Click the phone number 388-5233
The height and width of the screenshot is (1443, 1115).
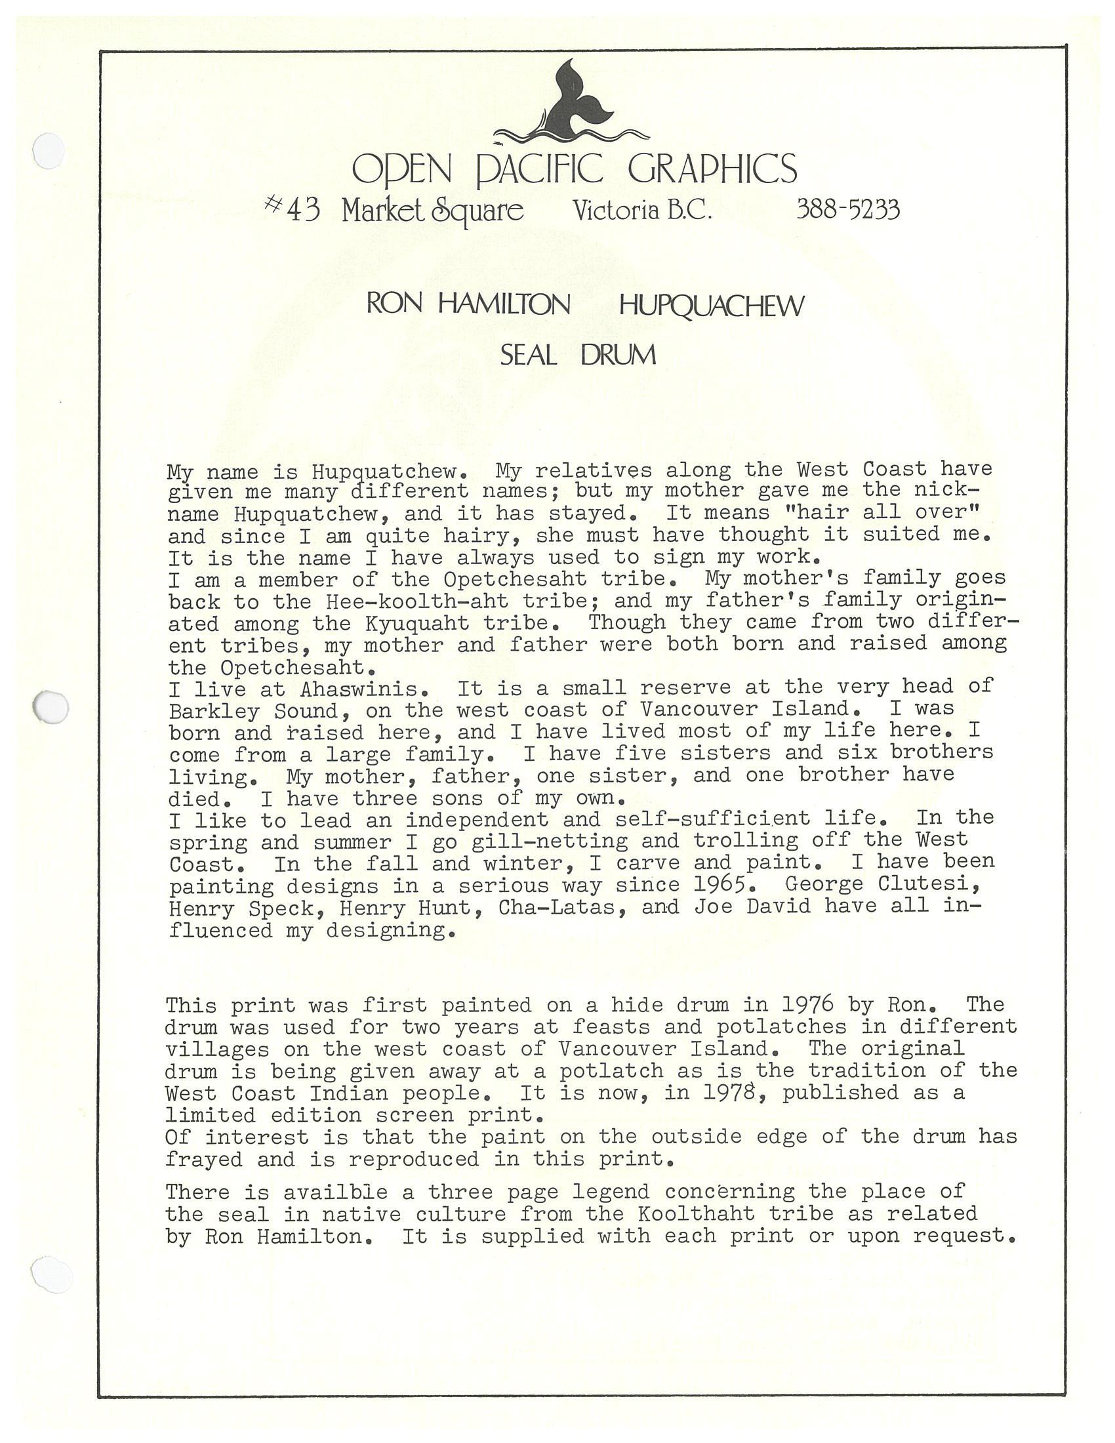848,209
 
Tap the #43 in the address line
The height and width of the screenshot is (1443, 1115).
293,209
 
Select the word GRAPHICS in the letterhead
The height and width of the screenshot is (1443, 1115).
712,169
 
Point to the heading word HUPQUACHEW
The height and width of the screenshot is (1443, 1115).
712,305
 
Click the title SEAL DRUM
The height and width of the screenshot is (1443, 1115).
578,356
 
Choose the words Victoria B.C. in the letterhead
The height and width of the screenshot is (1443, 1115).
642,210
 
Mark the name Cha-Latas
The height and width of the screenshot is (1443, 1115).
556,906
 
